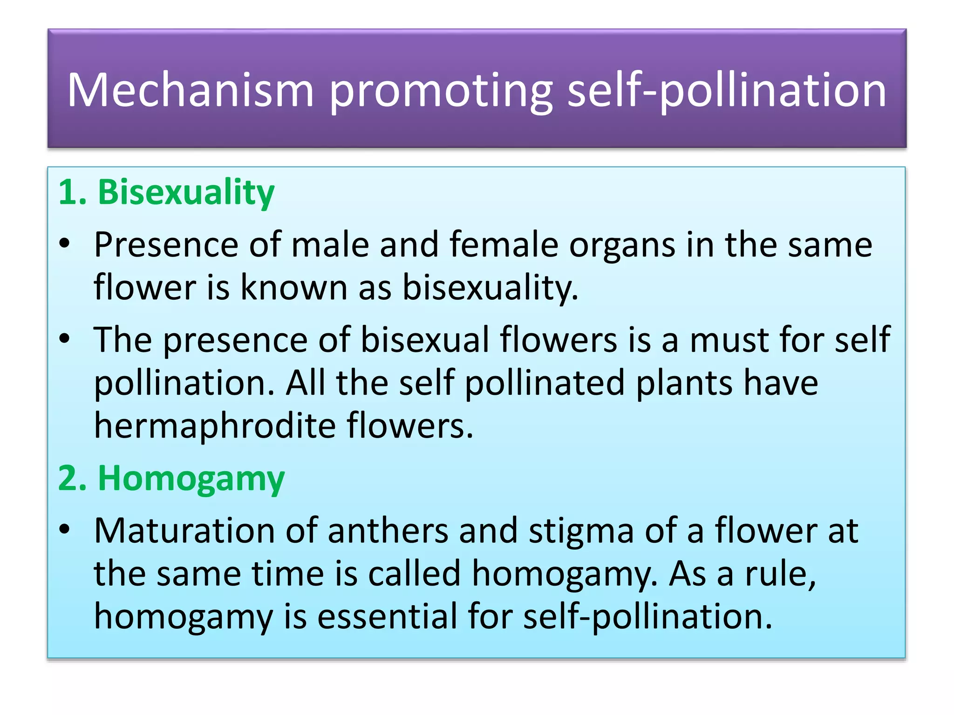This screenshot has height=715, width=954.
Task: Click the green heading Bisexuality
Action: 186,192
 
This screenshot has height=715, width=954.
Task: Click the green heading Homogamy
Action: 191,478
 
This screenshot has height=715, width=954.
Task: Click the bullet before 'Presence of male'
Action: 65,243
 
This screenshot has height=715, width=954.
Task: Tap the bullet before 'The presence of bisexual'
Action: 65,338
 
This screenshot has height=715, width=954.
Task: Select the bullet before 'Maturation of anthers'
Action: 65,529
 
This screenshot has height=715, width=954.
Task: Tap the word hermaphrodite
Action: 215,425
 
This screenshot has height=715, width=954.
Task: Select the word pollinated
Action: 545,383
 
